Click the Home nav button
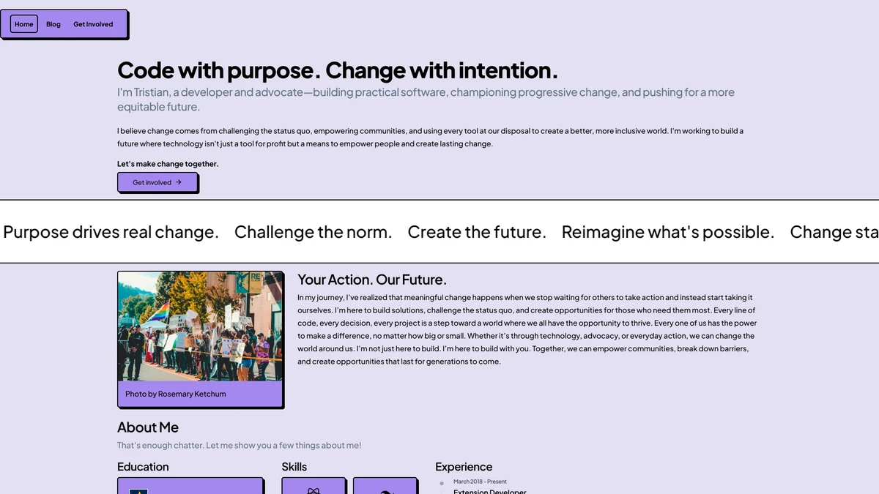coord(24,24)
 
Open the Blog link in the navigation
coord(53,24)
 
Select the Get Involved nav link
coord(93,24)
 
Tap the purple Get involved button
coord(157,182)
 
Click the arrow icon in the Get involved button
coord(179,182)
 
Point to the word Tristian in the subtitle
coord(151,92)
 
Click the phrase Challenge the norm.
coord(314,232)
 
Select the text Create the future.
coord(477,232)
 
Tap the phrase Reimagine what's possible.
coord(668,233)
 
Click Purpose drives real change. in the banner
coord(111,233)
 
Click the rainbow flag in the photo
coord(158,314)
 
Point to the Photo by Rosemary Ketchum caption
coord(175,394)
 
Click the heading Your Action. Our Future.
coord(371,280)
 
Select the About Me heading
coord(147,427)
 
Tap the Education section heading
coord(143,467)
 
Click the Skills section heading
coord(294,467)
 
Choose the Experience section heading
coord(464,467)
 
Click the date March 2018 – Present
coord(480,482)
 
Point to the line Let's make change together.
coord(168,164)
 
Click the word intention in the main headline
coord(508,70)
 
